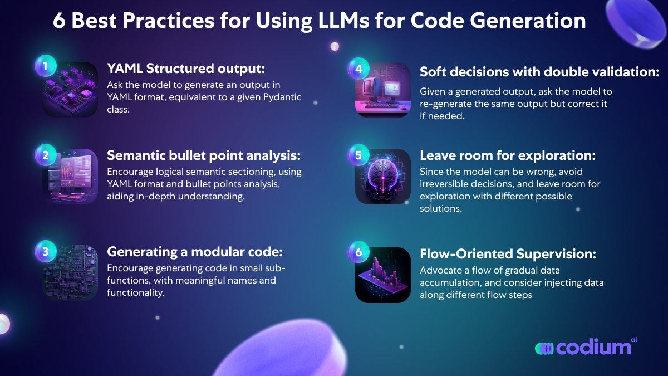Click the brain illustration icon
383,176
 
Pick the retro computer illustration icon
383,90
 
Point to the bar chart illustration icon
383,275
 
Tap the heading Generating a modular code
195,252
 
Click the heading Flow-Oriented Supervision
508,254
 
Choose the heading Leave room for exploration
500,156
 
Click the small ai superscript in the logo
632,338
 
